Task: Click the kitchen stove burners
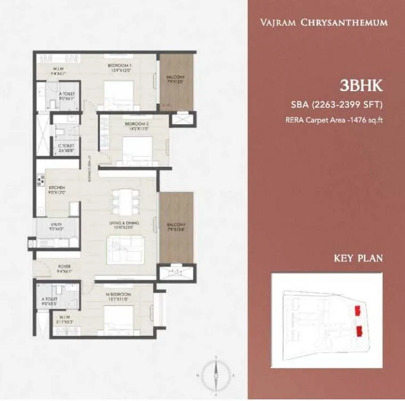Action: click(39, 182)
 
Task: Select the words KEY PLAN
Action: click(359, 259)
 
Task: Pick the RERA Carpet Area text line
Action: click(335, 120)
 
